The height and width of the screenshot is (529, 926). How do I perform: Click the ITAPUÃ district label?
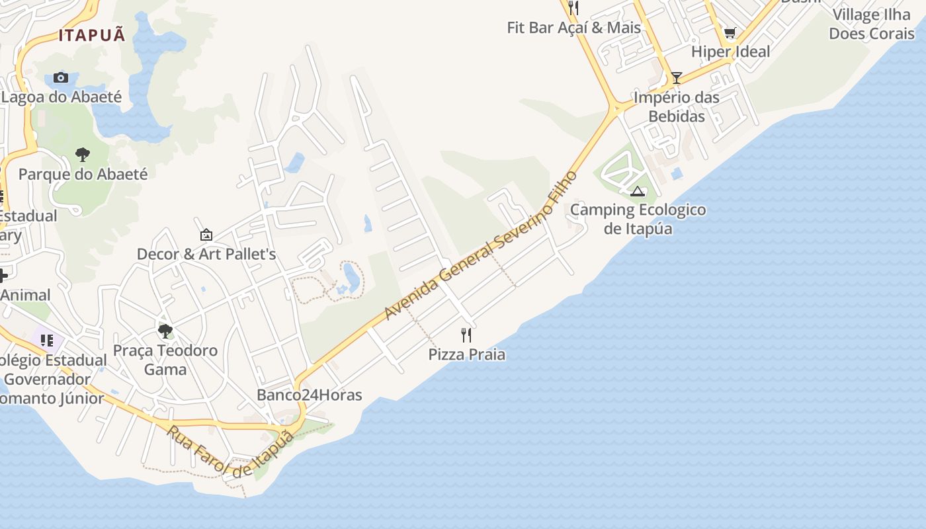pyautogui.click(x=92, y=35)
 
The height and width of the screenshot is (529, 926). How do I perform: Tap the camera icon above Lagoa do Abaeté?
pyautogui.click(x=61, y=77)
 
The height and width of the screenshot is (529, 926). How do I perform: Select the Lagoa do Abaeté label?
pyautogui.click(x=62, y=97)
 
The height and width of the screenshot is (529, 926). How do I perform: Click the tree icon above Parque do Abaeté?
pyautogui.click(x=83, y=155)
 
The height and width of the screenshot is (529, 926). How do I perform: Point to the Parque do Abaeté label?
pyautogui.click(x=83, y=175)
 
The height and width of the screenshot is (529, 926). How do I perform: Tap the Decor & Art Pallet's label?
pyautogui.click(x=206, y=254)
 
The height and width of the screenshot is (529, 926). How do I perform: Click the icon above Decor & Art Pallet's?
pyautogui.click(x=206, y=235)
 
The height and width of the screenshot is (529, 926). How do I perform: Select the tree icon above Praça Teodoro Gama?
pyautogui.click(x=165, y=331)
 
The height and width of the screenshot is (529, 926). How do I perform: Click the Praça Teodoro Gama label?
pyautogui.click(x=165, y=360)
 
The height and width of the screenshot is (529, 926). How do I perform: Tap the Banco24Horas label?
pyautogui.click(x=310, y=395)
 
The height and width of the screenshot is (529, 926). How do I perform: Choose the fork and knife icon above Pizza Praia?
pyautogui.click(x=466, y=335)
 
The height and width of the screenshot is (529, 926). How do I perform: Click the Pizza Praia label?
pyautogui.click(x=467, y=354)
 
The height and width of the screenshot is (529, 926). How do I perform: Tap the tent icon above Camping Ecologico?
pyautogui.click(x=638, y=192)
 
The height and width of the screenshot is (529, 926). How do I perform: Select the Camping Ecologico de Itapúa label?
pyautogui.click(x=638, y=220)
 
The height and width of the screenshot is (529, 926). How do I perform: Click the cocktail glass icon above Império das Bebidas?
pyautogui.click(x=676, y=78)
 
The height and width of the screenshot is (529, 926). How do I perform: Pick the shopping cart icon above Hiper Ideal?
pyautogui.click(x=730, y=32)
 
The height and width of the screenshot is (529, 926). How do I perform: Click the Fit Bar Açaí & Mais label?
pyautogui.click(x=574, y=28)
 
